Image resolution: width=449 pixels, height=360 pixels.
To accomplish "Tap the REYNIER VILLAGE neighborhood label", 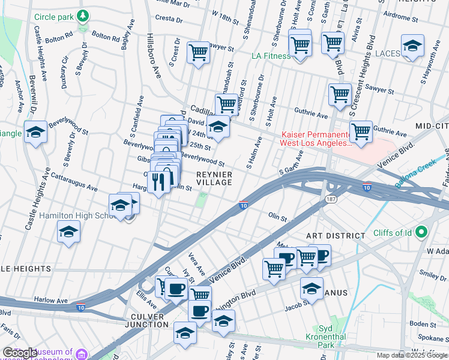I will click(214, 178).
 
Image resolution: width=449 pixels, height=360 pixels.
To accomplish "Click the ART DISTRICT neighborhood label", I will click(335, 236).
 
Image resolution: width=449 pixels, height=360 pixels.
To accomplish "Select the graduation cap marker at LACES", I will click(412, 46).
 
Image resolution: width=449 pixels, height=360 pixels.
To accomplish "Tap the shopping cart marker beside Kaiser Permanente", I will click(361, 131).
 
